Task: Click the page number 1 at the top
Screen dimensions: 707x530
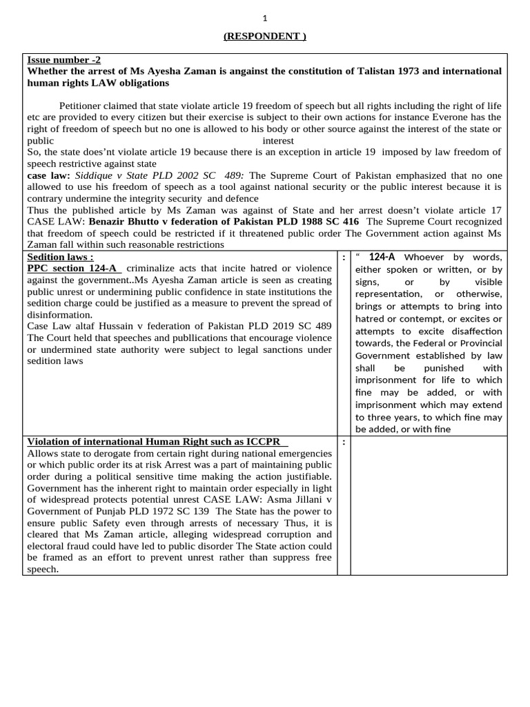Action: click(264, 19)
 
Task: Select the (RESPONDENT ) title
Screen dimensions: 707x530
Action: click(264, 37)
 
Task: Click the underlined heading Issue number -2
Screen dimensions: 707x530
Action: click(63, 60)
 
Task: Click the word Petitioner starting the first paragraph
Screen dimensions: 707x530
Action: click(83, 106)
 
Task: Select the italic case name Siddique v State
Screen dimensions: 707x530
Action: click(110, 176)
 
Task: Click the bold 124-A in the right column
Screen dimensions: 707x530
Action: click(382, 258)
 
